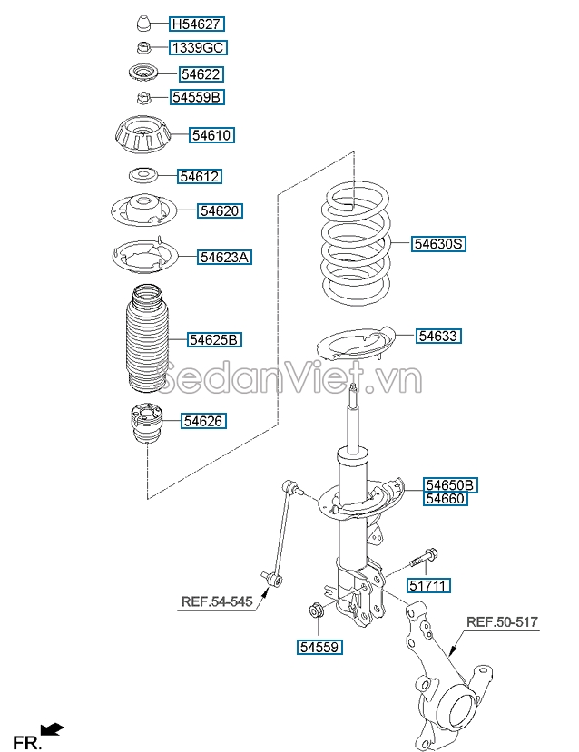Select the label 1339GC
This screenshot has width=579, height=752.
pos(197,48)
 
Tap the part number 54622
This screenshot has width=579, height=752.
pos(201,74)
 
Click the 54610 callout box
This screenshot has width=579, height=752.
pos(212,136)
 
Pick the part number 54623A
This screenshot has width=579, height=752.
pos(224,258)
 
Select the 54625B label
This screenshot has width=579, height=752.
pos(214,340)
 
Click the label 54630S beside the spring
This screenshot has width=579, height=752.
pos(439,244)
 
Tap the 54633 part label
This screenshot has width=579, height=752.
pos(439,337)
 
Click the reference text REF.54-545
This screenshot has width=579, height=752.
pos(219,601)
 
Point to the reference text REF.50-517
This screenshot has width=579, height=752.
pos(502,622)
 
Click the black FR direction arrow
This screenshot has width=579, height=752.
pos(54,728)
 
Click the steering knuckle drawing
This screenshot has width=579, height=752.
pos(445,671)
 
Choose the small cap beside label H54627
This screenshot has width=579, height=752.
pos(142,24)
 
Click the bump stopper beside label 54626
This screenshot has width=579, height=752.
pos(145,423)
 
